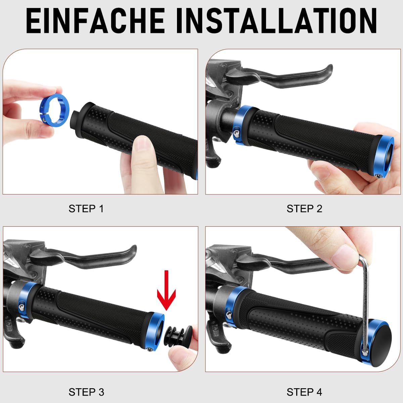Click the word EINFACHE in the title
click(96, 21)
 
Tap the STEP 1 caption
click(86, 209)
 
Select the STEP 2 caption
click(304, 209)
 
